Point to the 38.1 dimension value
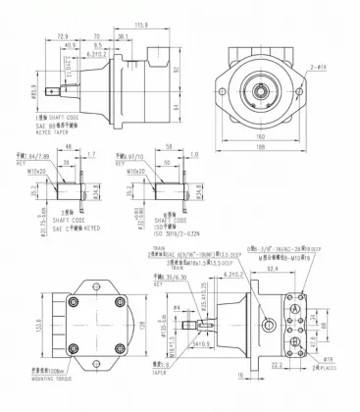pyautogui.click(x=123, y=36)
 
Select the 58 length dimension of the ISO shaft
pyautogui.click(x=168, y=149)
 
